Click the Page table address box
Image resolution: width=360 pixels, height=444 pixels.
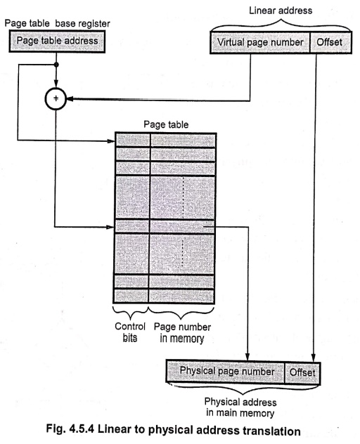click(57, 41)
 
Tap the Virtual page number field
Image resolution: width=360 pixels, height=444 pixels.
click(260, 42)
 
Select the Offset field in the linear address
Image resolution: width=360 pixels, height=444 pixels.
click(330, 42)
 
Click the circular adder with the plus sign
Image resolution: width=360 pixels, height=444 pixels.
click(56, 98)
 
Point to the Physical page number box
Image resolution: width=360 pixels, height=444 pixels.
click(226, 372)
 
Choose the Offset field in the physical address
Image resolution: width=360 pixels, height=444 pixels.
click(302, 372)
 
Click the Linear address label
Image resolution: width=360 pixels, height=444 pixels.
click(281, 11)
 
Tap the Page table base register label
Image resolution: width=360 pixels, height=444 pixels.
click(57, 23)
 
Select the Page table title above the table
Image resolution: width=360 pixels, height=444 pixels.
click(166, 124)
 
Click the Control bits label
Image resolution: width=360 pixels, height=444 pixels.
click(130, 332)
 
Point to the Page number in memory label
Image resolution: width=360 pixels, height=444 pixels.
click(182, 332)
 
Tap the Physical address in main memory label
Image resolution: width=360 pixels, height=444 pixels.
click(240, 407)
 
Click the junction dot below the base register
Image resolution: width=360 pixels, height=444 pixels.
click(56, 65)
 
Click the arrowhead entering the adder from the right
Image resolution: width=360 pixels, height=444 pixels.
click(70, 99)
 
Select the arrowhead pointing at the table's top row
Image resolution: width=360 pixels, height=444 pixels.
click(111, 141)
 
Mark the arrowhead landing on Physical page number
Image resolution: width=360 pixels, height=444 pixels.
click(247, 356)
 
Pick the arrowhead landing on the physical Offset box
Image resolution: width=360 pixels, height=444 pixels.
click(313, 358)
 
